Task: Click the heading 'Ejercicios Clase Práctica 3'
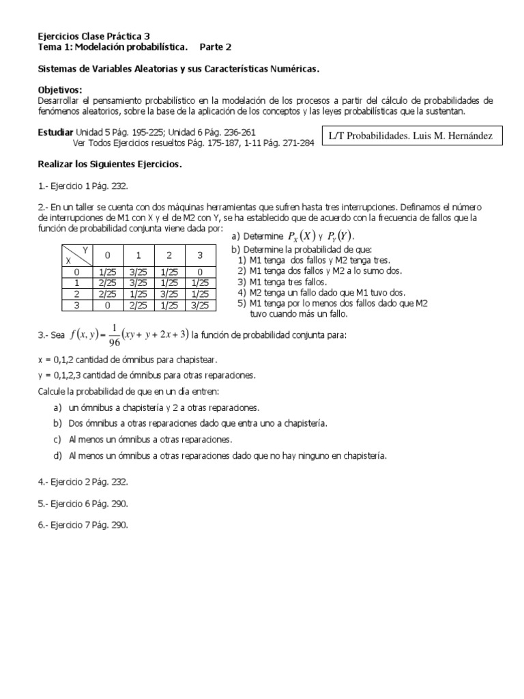[93, 35]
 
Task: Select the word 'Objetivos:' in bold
[59, 90]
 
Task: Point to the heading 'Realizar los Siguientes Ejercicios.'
[108, 165]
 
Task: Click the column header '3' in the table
[199, 255]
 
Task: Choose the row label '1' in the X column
[76, 283]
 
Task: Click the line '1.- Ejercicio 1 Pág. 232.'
[82, 186]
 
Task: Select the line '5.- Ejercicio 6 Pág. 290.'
[82, 503]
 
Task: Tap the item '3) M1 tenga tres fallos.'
[282, 281]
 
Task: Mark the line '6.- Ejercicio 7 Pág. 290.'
[82, 525]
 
